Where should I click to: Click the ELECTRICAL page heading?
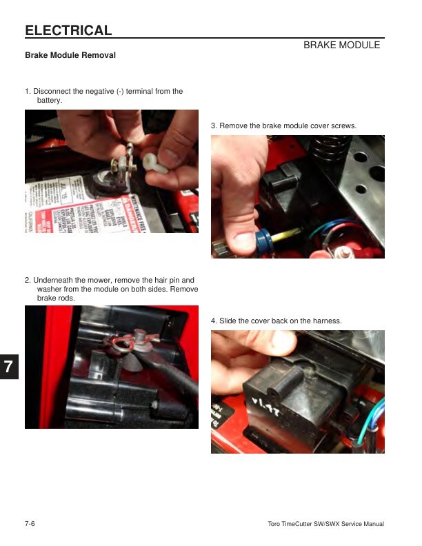[x=68, y=30]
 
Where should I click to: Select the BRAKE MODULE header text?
[x=341, y=45]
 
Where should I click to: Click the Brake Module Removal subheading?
[x=70, y=55]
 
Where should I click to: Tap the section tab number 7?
[x=8, y=367]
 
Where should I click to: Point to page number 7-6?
[x=30, y=524]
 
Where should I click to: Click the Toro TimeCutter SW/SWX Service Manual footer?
[x=325, y=524]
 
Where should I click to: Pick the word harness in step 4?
[x=327, y=321]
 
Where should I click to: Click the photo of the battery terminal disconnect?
[x=112, y=171]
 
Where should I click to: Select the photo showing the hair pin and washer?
[x=112, y=367]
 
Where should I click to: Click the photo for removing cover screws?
[x=297, y=196]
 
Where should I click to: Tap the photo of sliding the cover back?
[x=297, y=392]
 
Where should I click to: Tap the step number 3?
[x=214, y=125]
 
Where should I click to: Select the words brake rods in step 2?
[x=55, y=299]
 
